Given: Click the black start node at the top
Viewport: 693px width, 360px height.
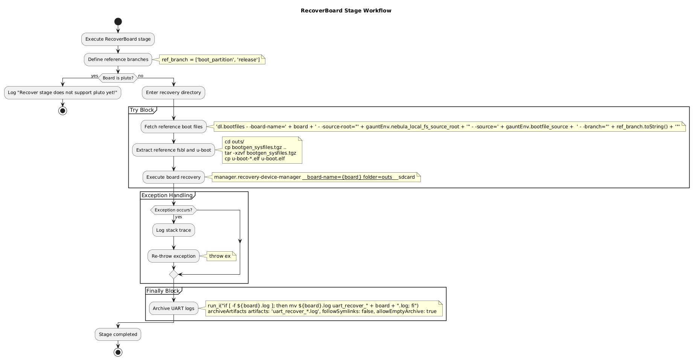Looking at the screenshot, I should pos(118,21).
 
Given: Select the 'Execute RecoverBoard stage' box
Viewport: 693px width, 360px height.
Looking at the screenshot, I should pos(118,39).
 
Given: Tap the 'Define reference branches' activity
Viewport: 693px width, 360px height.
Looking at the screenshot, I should pos(118,59).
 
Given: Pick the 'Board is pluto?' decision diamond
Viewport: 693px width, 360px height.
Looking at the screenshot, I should pos(118,78).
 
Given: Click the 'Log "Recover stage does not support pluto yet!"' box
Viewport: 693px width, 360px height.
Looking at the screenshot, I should pos(62,93).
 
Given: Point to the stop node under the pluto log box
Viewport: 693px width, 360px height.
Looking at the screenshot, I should pos(62,111).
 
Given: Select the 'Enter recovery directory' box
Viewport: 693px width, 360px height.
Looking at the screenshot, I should pos(174,93).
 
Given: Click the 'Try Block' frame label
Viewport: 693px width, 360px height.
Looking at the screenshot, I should pos(142,110).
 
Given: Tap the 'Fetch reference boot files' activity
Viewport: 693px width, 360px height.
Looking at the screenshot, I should pos(174,127).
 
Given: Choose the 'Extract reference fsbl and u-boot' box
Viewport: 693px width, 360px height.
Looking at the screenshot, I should pos(174,150).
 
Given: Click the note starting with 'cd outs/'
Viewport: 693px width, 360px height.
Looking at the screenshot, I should pos(262,150).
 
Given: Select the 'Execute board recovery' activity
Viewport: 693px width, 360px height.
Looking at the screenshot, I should pos(174,177).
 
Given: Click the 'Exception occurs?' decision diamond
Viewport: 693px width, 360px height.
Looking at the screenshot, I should pos(174,210).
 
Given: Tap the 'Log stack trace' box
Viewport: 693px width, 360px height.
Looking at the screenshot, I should pos(174,230).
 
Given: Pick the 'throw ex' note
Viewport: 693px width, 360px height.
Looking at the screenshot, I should pos(220,256).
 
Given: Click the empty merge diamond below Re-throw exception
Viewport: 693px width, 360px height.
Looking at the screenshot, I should pos(174,275).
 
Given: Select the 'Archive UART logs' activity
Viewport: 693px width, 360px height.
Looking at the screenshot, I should pos(174,308).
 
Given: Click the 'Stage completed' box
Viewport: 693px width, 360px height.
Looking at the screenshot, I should pos(118,334).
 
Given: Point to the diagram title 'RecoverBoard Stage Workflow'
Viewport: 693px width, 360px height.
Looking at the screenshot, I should pos(346,11).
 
